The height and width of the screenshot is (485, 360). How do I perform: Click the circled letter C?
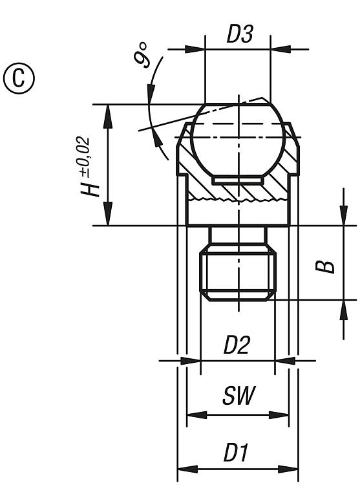tap(19, 78)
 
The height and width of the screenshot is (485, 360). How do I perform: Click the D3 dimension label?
tap(240, 34)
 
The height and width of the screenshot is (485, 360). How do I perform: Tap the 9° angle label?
tap(142, 55)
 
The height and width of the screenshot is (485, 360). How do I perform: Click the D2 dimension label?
tap(236, 345)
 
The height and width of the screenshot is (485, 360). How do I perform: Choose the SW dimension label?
tap(239, 396)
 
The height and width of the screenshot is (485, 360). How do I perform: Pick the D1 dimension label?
tap(236, 452)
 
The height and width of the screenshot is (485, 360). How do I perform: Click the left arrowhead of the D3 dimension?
tap(195, 49)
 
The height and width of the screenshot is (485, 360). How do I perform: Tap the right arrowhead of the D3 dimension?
tap(281, 49)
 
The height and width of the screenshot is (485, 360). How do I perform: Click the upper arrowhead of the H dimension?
tap(108, 116)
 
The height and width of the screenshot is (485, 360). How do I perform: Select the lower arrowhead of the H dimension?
tap(108, 214)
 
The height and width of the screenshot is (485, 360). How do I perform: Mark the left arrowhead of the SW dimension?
tap(197, 415)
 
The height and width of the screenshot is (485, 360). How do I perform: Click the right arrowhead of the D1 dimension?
tap(288, 469)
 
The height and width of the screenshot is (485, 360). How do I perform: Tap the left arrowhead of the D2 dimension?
tap(191, 360)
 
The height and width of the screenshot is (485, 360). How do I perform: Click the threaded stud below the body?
tap(238, 276)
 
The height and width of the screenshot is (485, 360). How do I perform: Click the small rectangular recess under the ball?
tap(238, 180)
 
